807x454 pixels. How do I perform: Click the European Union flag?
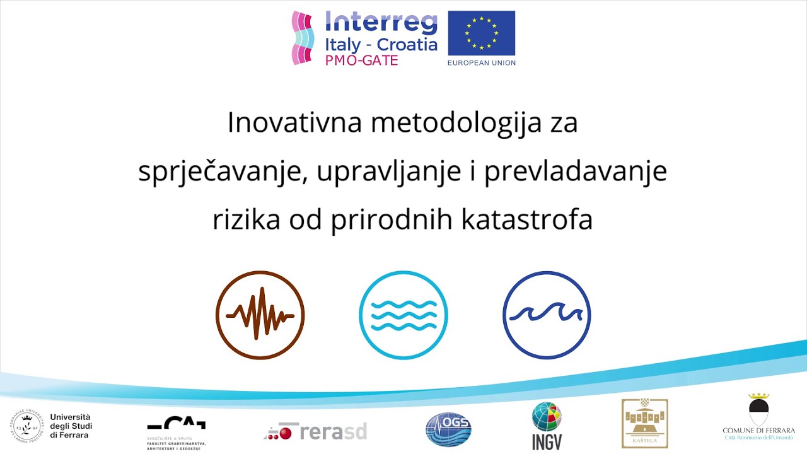pyautogui.click(x=481, y=33)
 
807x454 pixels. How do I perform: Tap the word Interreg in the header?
pyautogui.click(x=381, y=23)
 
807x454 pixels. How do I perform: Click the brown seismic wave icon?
pyautogui.click(x=260, y=315)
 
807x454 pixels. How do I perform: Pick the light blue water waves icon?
pyautogui.click(x=403, y=315)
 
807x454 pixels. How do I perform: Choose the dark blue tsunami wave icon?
pyautogui.click(x=547, y=315)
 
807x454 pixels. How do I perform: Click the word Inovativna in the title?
pyautogui.click(x=294, y=122)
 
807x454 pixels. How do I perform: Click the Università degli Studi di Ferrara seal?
pyautogui.click(x=26, y=426)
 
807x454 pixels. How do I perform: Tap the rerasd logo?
pyautogui.click(x=316, y=432)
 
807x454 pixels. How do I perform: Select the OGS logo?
pyautogui.click(x=448, y=430)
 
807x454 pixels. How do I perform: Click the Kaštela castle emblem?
pyautogui.click(x=644, y=423)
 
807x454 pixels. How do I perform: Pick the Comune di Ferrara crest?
pyautogui.click(x=758, y=410)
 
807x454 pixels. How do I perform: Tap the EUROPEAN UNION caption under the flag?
pyautogui.click(x=481, y=62)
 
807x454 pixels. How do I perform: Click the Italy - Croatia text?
pyautogui.click(x=381, y=45)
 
